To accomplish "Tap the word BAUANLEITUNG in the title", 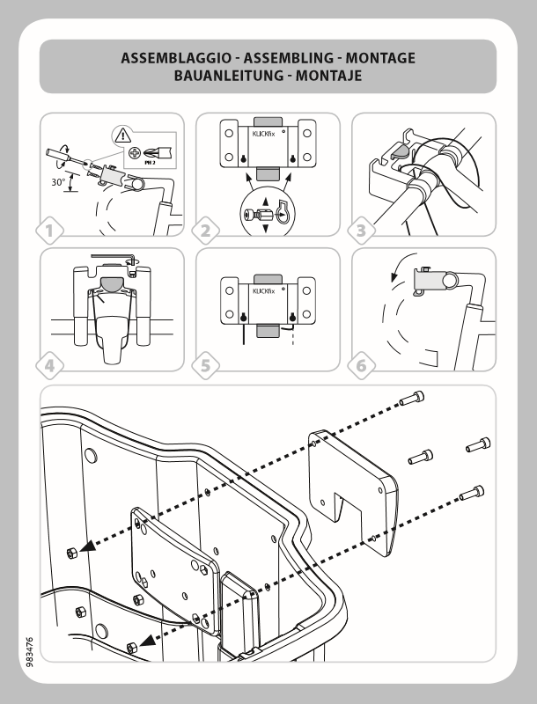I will pos(202,77).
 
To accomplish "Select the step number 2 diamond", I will pos(206,231).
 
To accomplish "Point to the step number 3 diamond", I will pos(361,231).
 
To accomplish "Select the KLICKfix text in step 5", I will pos(266,290).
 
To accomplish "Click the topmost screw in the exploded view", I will pos(411,399).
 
